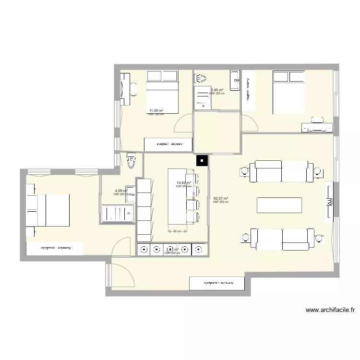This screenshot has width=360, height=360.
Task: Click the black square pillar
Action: click(202, 161)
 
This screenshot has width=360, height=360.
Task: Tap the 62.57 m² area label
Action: click(220, 199)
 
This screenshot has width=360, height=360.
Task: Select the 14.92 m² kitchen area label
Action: click(183, 183)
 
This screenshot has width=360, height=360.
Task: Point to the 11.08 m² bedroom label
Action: click(156, 111)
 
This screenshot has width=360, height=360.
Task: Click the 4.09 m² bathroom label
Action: click(120, 191)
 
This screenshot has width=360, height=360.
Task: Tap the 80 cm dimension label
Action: click(177, 231)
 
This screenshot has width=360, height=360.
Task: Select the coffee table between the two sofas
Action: click(280, 205)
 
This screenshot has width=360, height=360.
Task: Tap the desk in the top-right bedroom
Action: click(317, 127)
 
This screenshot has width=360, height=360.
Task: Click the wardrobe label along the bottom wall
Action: click(218, 284)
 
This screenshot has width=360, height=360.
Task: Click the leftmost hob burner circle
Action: click(144, 249)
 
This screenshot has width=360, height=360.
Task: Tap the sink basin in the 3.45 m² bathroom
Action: click(235, 80)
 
